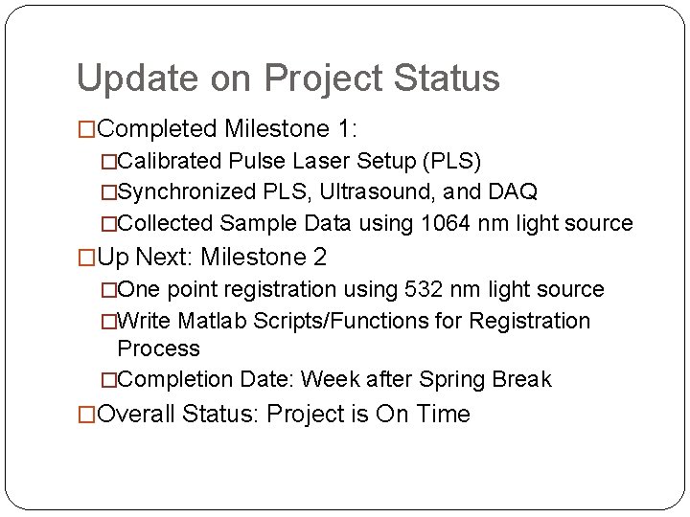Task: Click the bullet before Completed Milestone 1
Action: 86,129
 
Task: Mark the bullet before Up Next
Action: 86,258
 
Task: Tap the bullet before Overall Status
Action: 86,415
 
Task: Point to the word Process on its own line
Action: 158,349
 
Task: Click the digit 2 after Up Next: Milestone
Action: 319,258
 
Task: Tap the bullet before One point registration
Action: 108,290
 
